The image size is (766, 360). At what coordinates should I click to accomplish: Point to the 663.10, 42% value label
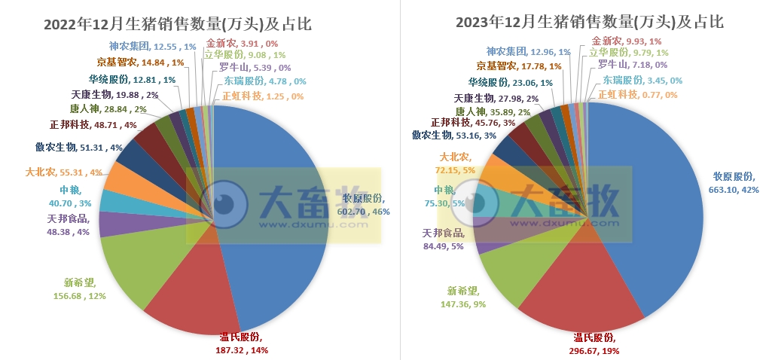click(734, 184)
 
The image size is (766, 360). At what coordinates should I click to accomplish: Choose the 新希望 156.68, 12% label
click(84, 289)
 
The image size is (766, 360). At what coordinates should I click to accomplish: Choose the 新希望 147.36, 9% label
click(462, 297)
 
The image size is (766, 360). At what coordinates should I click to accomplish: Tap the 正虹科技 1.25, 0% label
click(263, 96)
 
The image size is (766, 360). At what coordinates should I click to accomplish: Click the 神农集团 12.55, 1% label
click(152, 47)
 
